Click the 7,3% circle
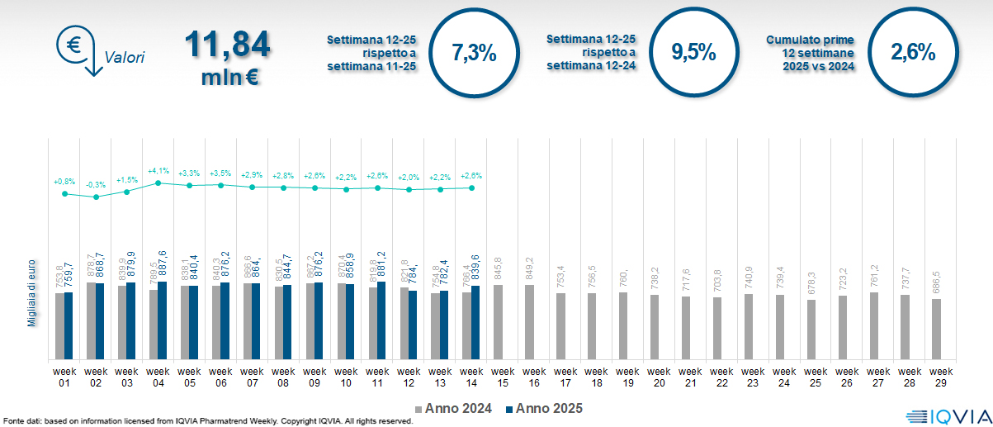pyautogui.click(x=475, y=53)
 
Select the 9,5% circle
pyautogui.click(x=693, y=53)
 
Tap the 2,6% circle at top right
pyautogui.click(x=913, y=53)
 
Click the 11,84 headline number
pyautogui.click(x=227, y=45)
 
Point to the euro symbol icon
pyautogui.click(x=74, y=46)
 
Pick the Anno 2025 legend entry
pyautogui.click(x=545, y=409)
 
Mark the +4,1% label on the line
pyautogui.click(x=158, y=171)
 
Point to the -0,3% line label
pyautogui.click(x=96, y=185)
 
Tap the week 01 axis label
pyautogui.click(x=64, y=376)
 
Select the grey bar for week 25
pyautogui.click(x=811, y=330)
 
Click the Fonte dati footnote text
pyautogui.click(x=206, y=421)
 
